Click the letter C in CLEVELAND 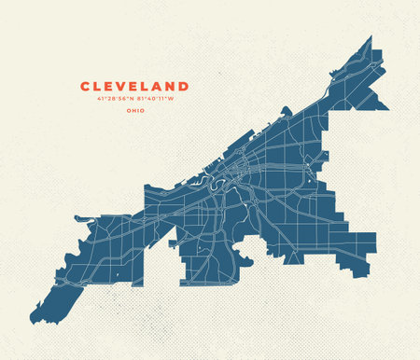[86, 86]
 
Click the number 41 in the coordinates [85, 99]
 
